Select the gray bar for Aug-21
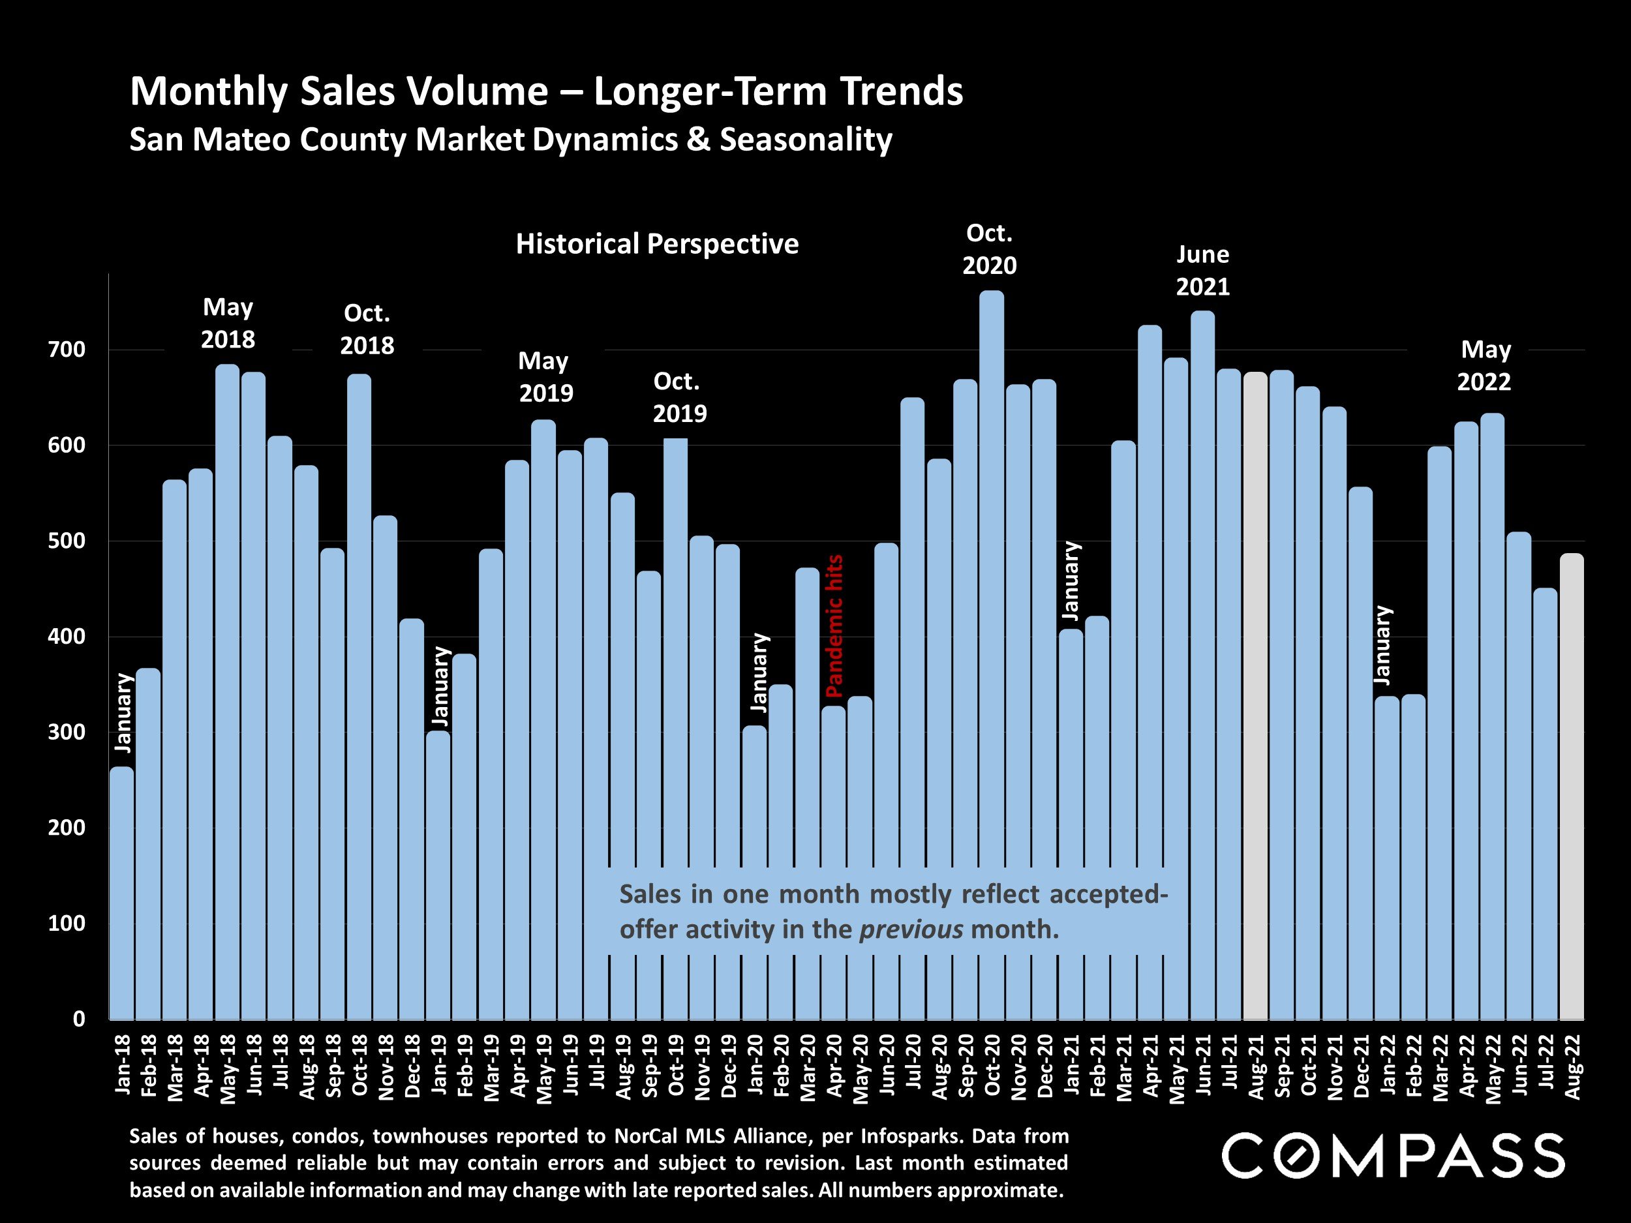coord(1255,693)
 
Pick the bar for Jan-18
coord(121,892)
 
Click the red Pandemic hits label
coord(834,627)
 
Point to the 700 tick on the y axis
coord(67,350)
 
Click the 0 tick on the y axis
coord(79,1019)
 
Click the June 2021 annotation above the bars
coord(1202,271)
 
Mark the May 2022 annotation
coord(1485,366)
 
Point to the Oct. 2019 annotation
coord(679,397)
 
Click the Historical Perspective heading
coord(657,244)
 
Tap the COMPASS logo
coord(1393,1155)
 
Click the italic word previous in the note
coord(911,929)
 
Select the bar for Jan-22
coord(1386,855)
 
